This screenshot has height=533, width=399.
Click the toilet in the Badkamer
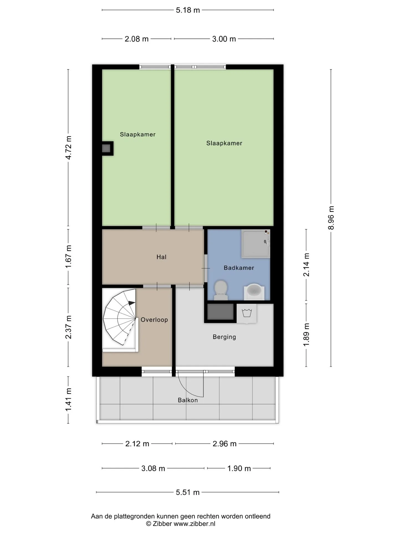(x=221, y=290)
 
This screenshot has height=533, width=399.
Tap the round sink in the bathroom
(x=254, y=291)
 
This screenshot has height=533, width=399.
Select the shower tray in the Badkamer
(x=255, y=243)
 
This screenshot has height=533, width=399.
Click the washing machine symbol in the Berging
(x=247, y=313)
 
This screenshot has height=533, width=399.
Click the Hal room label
(x=162, y=257)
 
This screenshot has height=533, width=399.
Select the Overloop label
(x=154, y=320)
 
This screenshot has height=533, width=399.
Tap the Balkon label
(x=188, y=400)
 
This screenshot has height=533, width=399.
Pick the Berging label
(x=224, y=337)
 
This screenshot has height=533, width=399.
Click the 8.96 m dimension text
(x=331, y=218)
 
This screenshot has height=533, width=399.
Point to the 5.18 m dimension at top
(x=188, y=10)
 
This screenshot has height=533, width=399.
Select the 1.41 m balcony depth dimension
(x=68, y=400)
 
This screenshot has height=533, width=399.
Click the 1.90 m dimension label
(x=239, y=469)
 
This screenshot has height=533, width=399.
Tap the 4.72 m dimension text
(x=68, y=148)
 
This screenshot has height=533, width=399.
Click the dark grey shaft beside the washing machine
(x=221, y=312)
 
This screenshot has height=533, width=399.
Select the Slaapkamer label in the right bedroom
(x=224, y=143)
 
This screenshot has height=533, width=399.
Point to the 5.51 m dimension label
(x=188, y=492)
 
